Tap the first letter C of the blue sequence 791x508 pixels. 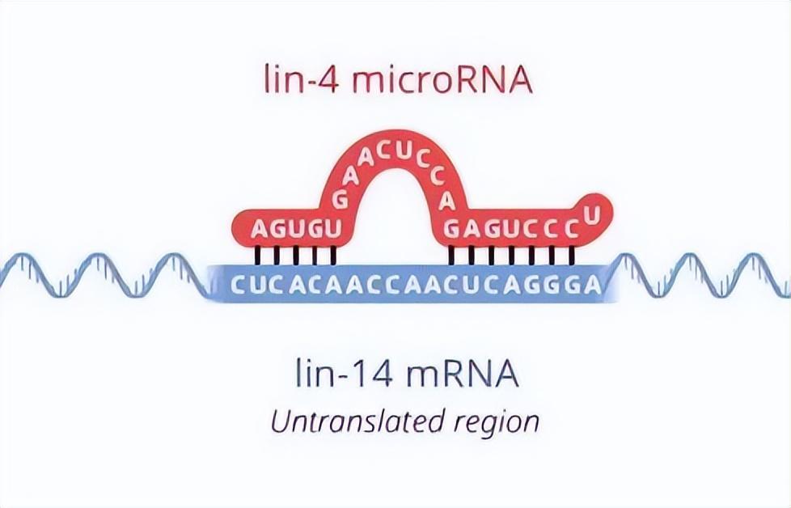[237, 284]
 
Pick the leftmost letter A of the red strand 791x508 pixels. [258, 230]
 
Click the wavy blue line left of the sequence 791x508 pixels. [105, 275]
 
